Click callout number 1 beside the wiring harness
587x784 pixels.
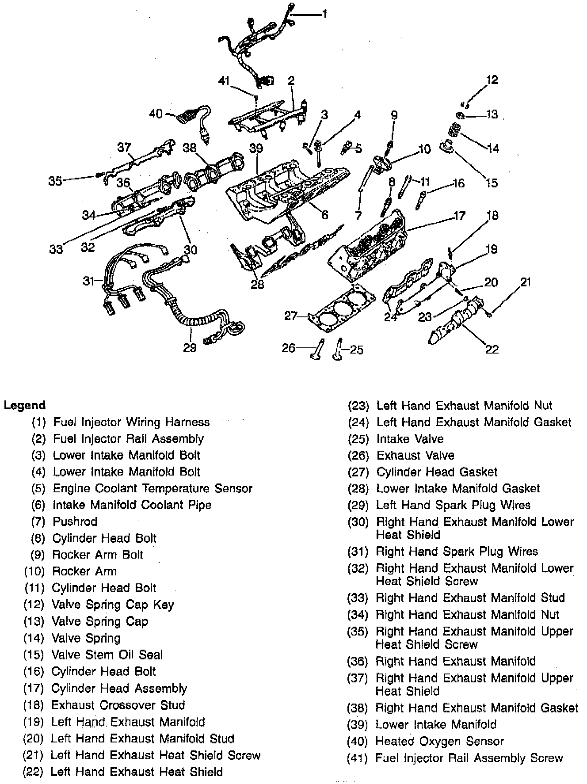tap(324, 14)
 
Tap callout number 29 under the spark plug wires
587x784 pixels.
tap(190, 348)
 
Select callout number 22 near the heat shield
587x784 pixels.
tap(492, 349)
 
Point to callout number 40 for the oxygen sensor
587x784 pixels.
tap(156, 114)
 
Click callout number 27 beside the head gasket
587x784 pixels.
tap(290, 316)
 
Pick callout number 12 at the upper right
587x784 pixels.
tap(492, 80)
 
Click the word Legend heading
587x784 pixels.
tap(25, 405)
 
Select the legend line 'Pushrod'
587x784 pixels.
tap(75, 521)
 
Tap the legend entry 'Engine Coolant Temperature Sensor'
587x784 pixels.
tap(152, 488)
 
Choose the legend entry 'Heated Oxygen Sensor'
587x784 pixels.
tap(439, 741)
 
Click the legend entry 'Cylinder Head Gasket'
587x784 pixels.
tap(437, 472)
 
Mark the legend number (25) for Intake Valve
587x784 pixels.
tap(358, 439)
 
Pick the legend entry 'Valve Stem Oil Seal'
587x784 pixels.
tap(107, 655)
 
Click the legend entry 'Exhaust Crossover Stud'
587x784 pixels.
tap(118, 705)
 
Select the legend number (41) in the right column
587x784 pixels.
tap(358, 758)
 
